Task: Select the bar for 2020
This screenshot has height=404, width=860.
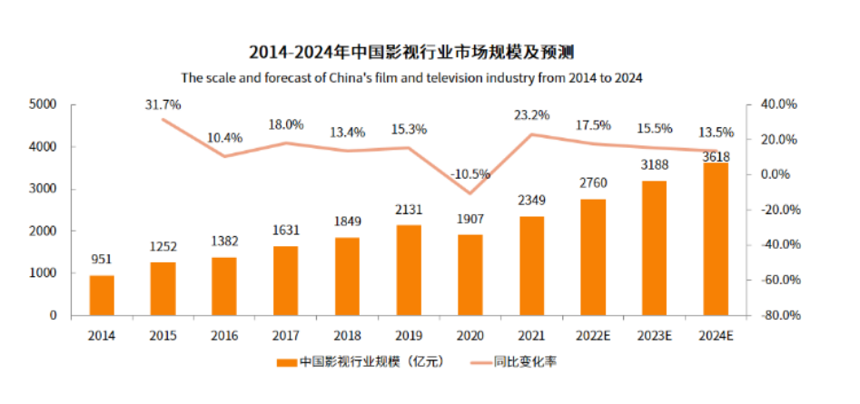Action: [x=470, y=275]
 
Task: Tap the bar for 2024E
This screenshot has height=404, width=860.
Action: [x=716, y=240]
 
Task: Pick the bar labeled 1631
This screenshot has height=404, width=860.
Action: [x=286, y=281]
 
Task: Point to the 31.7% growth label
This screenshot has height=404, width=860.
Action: [x=163, y=104]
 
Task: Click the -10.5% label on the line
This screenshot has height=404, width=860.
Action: [x=470, y=173]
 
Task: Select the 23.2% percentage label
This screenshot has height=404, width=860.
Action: [x=532, y=115]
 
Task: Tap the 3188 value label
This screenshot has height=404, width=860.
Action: [x=654, y=166]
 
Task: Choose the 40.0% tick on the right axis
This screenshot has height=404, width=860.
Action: [x=776, y=104]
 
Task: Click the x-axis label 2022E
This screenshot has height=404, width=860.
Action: [x=592, y=335]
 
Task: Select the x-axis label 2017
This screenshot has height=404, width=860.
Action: [x=285, y=335]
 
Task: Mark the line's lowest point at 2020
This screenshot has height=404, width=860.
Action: [x=470, y=193]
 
